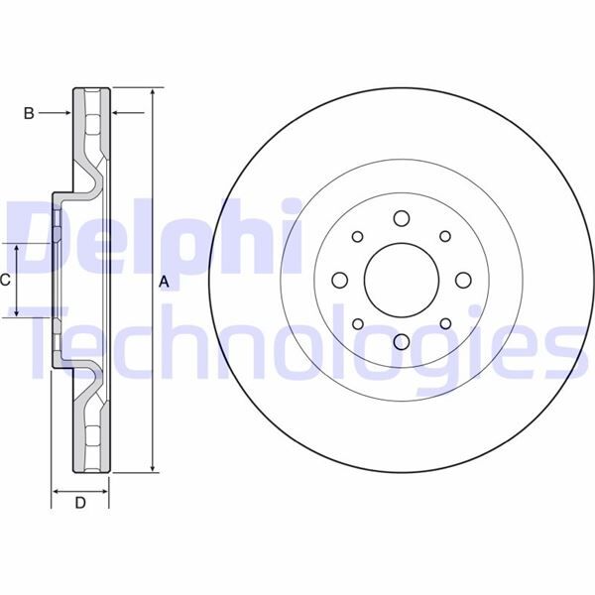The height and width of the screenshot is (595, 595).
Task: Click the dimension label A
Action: coord(165,283)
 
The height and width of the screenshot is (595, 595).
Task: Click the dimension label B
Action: coord(29,114)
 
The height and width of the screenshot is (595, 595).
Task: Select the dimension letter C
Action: coord(5,280)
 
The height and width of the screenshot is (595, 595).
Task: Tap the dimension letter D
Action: coord(80,504)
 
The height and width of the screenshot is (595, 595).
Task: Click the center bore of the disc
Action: coord(401,279)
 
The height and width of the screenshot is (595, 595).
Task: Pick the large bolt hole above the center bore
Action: coord(401,218)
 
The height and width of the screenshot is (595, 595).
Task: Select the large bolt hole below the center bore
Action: coord(401,341)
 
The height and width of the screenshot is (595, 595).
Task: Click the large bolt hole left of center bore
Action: coord(339,280)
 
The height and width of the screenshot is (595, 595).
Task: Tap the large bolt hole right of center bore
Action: coord(462,280)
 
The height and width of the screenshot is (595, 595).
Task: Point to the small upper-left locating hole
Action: coord(357,236)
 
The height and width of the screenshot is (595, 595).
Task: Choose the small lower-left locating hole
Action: coord(357,322)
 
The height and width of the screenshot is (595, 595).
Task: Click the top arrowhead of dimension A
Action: coord(152,92)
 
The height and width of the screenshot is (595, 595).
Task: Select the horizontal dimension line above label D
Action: coord(80,490)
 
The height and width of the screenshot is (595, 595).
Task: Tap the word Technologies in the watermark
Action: coord(307,342)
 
